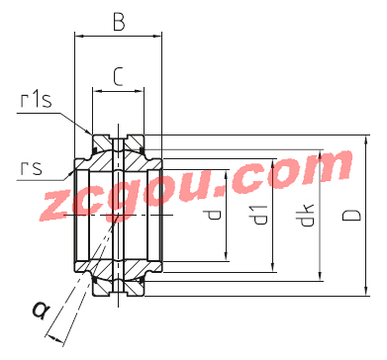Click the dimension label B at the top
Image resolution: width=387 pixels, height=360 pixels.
pyautogui.click(x=119, y=23)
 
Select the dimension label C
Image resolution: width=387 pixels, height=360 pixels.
pyautogui.click(x=118, y=77)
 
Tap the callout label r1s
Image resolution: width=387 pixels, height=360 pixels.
pyautogui.click(x=37, y=100)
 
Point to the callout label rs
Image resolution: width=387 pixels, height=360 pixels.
pyautogui.click(x=32, y=167)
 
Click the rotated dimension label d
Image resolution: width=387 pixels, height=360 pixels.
pyautogui.click(x=214, y=216)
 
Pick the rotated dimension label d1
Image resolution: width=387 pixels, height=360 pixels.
pyautogui.click(x=261, y=215)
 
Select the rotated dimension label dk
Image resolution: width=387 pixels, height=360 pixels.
pyautogui.click(x=307, y=216)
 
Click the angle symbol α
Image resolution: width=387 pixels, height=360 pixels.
pyautogui.click(x=41, y=311)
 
